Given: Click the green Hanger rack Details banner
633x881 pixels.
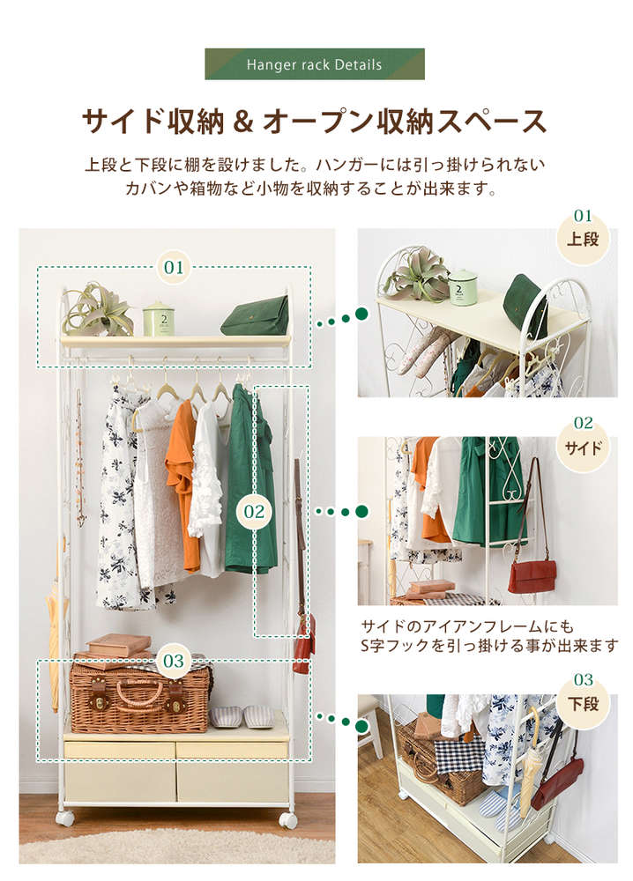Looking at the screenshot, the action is coord(314,64).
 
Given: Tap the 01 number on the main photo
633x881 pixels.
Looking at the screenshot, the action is coord(174,267).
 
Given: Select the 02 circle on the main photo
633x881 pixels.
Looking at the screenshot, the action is coord(254,511).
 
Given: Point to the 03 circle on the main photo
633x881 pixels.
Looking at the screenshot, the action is coord(174,661).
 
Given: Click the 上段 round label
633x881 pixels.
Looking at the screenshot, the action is coord(583,237).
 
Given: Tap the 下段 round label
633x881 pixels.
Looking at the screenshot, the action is coord(583,702).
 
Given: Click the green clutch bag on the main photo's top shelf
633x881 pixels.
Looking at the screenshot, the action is coord(256,317).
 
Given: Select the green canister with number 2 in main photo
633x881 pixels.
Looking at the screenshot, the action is coord(159,319).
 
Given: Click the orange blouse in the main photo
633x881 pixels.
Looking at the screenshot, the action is coord(182,483).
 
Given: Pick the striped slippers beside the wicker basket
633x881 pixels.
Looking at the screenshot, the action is coord(242,717).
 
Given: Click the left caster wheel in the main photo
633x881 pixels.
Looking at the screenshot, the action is coord(64,818).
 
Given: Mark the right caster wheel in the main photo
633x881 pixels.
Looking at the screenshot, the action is coord(288,819).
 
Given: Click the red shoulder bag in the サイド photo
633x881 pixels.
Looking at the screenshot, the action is coord(532,576).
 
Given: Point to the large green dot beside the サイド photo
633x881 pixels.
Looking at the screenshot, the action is coord(362,511).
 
